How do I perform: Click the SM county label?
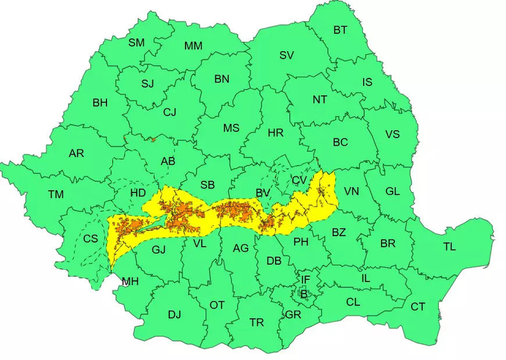(137, 42)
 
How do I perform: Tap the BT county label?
(341, 30)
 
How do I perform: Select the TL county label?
(449, 247)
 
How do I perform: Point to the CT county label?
(418, 306)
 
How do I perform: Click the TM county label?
(56, 195)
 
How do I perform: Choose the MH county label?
(130, 282)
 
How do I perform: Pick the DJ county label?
(174, 315)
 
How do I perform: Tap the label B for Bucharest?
(303, 294)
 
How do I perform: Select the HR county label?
(276, 133)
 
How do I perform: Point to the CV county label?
(299, 181)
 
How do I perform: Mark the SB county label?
(208, 185)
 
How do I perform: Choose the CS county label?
(91, 238)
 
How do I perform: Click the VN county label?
(351, 191)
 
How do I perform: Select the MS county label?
(231, 128)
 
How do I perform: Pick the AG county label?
(240, 248)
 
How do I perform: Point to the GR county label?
(293, 315)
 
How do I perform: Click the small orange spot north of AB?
(153, 139)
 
